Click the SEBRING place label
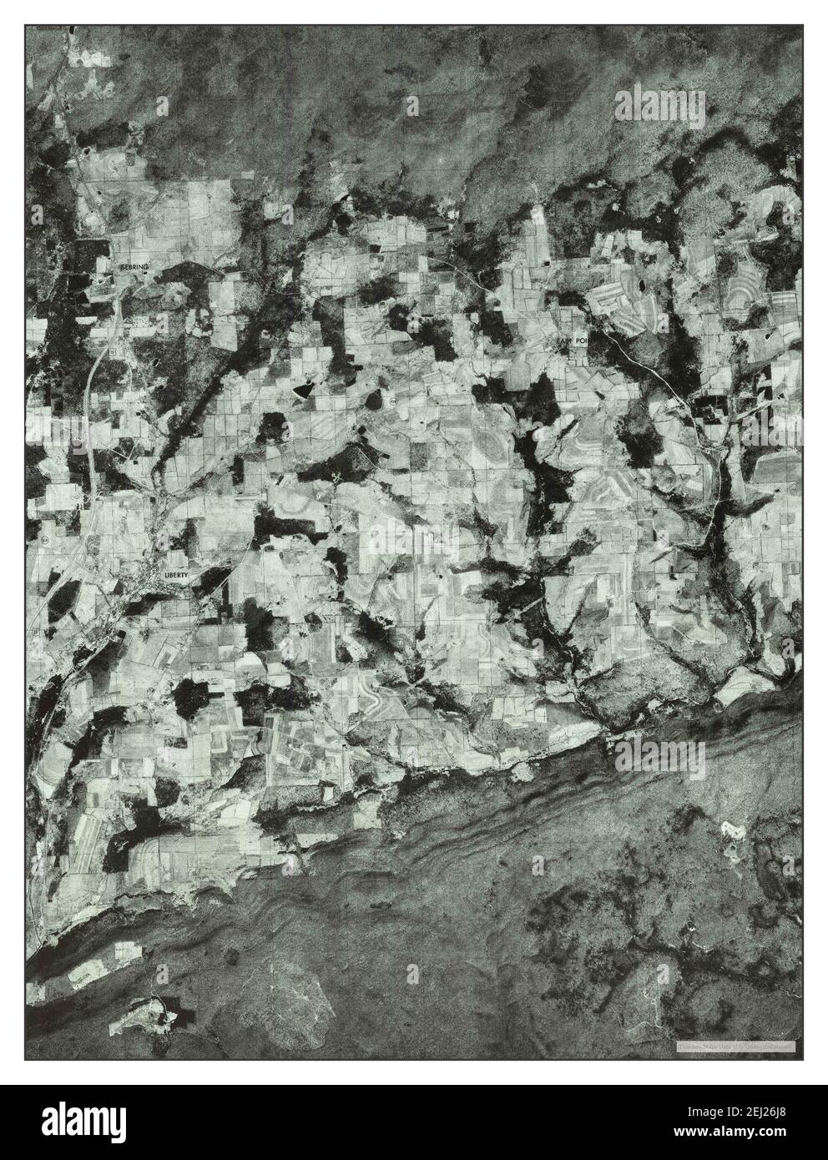click(133, 265)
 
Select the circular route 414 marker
click(392, 401)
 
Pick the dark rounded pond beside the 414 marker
click(370, 401)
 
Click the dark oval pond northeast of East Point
click(642, 285)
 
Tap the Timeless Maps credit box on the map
click(735, 1046)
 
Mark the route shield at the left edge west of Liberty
click(43, 541)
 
